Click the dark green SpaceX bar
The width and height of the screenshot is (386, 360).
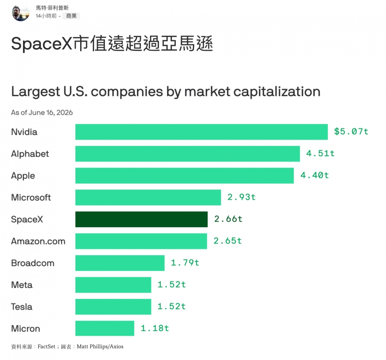coord(141,219)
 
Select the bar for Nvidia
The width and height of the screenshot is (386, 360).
coord(201,132)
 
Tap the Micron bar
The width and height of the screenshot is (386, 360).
coord(104,328)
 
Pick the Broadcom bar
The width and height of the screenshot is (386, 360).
coord(120,263)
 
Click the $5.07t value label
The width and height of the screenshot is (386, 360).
coord(351,131)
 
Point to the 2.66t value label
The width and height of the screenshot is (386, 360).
coord(228,219)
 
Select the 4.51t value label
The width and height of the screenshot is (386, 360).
coord(320,153)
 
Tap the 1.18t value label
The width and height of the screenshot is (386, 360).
coord(154,328)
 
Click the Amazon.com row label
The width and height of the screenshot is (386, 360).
coord(38,241)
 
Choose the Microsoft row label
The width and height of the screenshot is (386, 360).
coord(31,198)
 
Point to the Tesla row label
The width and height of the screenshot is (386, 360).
coord(22,306)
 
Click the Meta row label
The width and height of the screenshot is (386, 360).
coord(22,285)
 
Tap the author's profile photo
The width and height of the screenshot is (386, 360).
coord(21,13)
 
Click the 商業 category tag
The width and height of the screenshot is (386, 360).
coord(71,16)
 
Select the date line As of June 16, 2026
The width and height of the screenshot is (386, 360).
coord(42,112)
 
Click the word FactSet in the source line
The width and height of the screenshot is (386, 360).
coord(46,346)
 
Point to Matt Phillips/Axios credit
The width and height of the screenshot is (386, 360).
coord(100,346)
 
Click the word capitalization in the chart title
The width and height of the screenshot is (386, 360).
coord(277,92)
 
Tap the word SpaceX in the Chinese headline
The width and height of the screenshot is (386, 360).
coord(41,44)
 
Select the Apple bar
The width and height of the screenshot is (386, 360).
coord(184,175)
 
